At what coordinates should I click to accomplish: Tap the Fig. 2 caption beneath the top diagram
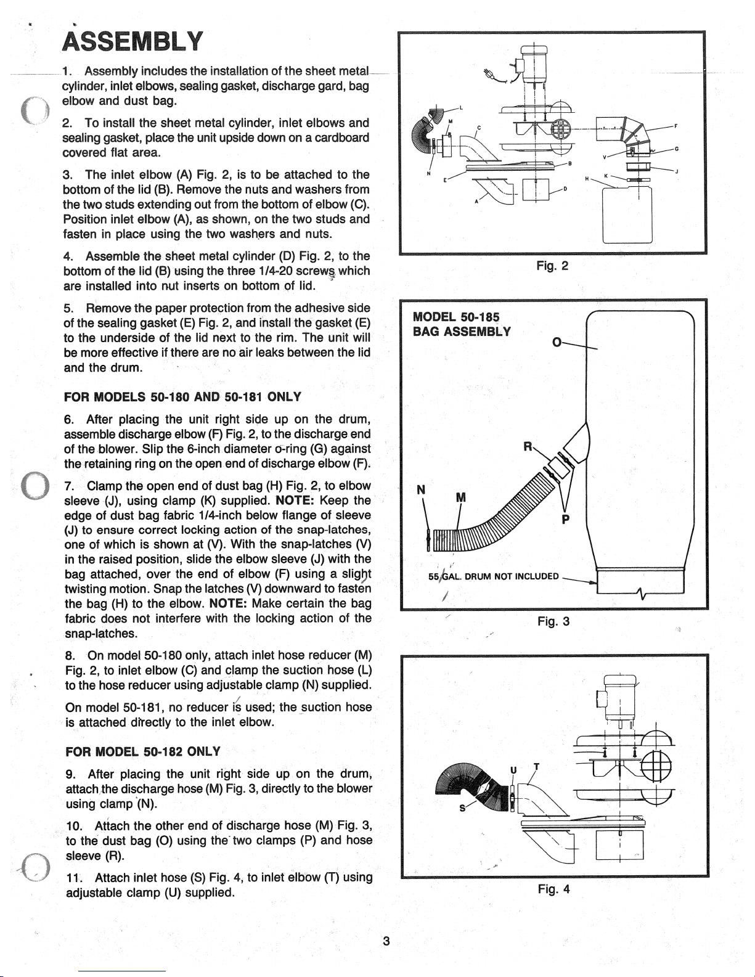552,266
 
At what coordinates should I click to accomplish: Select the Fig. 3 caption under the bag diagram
553,621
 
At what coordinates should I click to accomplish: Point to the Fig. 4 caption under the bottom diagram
553,889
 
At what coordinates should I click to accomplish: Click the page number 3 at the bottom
386,941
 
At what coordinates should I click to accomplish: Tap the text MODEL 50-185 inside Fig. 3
456,317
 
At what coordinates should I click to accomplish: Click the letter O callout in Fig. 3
557,343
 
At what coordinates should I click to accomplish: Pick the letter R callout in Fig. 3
528,446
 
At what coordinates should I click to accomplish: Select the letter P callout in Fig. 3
566,519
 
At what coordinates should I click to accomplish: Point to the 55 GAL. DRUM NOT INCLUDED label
494,576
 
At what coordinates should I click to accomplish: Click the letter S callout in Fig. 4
462,808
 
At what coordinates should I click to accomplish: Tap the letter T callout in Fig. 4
536,767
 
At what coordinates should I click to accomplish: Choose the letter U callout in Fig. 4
513,770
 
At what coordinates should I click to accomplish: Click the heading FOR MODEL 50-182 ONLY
143,752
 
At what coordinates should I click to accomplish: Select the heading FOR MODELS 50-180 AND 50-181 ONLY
182,397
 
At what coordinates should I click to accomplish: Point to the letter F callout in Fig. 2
675,126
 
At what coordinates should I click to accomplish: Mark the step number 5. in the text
69,308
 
